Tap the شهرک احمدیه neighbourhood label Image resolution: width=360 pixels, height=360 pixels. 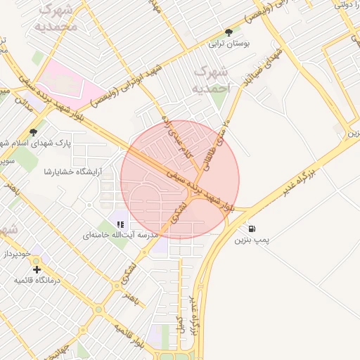coord(211,80)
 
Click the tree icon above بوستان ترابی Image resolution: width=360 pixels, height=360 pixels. coord(229,32)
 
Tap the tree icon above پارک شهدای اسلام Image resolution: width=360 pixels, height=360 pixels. coord(33,132)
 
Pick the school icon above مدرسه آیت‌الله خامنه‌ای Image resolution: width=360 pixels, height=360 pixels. coord(120,224)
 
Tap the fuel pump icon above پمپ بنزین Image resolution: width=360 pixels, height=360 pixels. coord(252,229)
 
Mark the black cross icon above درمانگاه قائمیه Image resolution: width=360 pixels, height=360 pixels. coord(37,269)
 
